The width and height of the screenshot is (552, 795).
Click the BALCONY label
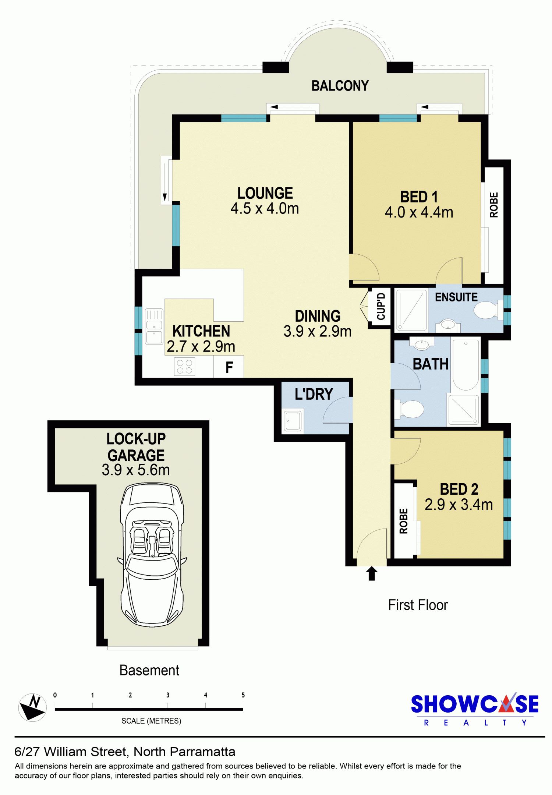pos(340,86)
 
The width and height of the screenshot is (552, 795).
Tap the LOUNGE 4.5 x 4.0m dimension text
pos(265,208)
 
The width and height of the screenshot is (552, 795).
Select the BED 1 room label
pos(419,197)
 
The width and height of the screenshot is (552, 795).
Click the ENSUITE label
pos(456,297)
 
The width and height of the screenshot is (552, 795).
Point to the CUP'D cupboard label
pos(381,306)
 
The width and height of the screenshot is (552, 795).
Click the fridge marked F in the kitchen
pos(229,367)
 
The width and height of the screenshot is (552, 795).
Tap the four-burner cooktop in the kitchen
pos(184,367)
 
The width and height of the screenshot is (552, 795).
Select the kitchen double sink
pos(154,326)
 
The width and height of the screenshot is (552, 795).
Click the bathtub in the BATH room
pos(466,365)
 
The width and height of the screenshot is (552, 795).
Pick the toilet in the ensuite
pos(489,310)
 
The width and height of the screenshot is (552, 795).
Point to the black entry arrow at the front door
pos(372,573)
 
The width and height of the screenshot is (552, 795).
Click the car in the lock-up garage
pos(152,555)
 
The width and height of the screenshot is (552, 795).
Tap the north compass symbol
pos(33,707)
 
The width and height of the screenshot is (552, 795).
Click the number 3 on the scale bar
pos(168,695)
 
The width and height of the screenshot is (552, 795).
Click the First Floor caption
pos(418,605)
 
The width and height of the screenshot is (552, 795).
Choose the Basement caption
pos(149,671)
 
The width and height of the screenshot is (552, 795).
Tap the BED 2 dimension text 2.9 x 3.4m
pos(459,505)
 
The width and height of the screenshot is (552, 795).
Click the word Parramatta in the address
pos(203,752)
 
